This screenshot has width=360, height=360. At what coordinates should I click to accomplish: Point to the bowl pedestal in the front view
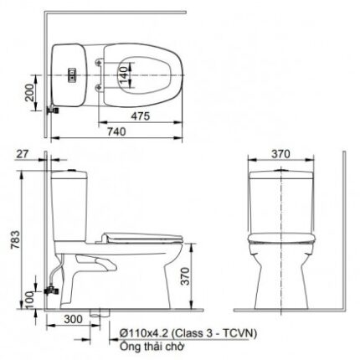[279, 280]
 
